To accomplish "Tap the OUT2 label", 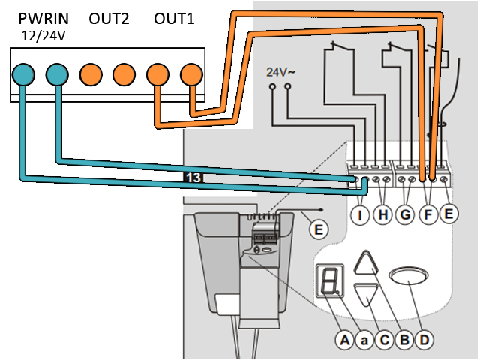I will click(109, 18).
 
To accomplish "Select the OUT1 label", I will click(174, 18).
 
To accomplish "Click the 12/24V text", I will click(41, 35).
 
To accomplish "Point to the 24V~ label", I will click(280, 73).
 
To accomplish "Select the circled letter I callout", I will click(361, 214).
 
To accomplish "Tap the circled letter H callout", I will click(383, 214).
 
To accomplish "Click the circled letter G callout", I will click(405, 214).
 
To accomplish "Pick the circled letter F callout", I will click(427, 214).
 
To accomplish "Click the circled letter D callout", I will click(424, 340).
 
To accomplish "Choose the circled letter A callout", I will click(344, 340).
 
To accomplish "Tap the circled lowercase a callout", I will click(364, 340).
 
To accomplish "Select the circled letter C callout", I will click(384, 340).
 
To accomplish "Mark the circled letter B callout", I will click(403, 340).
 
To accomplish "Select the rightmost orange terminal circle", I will click(191, 73).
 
